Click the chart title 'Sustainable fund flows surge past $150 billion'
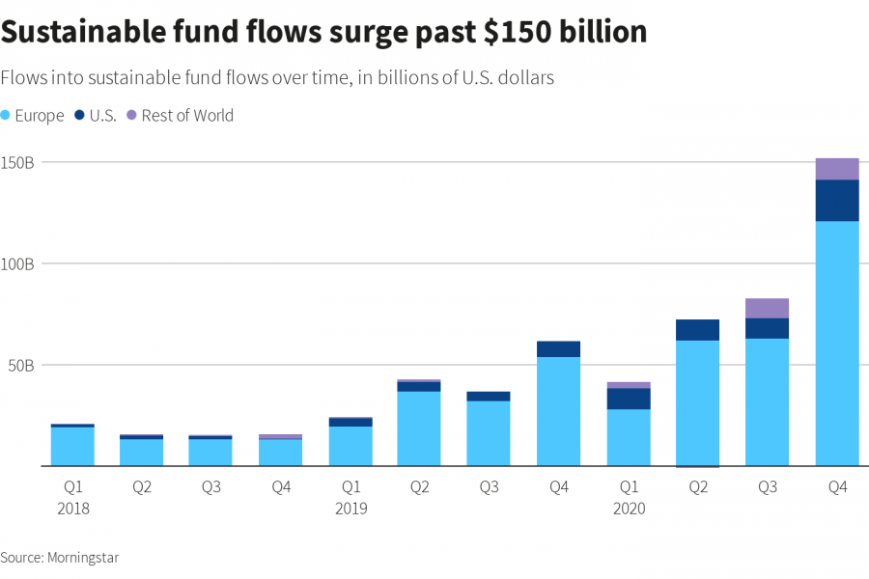tap(323, 32)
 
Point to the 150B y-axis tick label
tap(18, 162)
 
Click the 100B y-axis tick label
tap(18, 263)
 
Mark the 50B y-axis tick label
tap(21, 365)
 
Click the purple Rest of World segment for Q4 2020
tap(837, 169)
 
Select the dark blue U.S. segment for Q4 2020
tap(837, 201)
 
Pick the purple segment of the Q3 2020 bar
tap(768, 309)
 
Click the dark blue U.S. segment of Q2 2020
tap(698, 330)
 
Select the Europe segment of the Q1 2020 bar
tap(629, 437)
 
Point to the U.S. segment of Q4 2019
tap(559, 349)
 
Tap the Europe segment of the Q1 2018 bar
tap(72, 446)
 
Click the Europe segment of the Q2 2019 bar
tap(420, 428)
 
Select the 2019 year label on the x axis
tap(350, 509)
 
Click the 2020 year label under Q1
tap(629, 509)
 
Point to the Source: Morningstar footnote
tap(60, 558)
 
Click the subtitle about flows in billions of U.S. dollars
tap(277, 78)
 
